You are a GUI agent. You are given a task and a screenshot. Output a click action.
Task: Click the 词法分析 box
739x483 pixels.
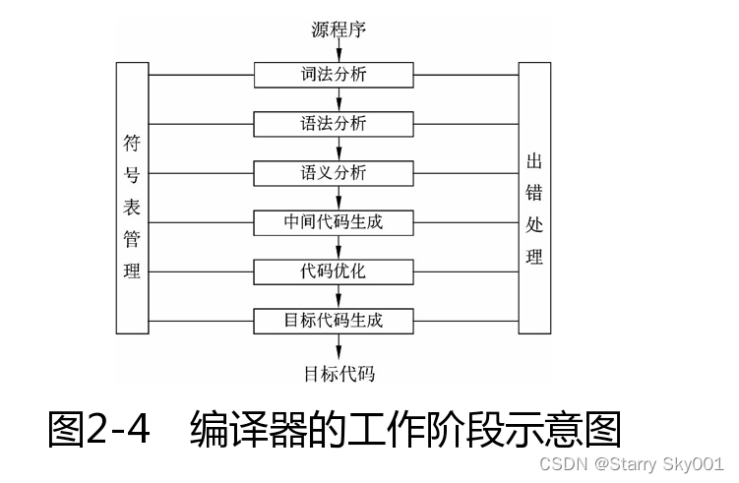pos(339,75)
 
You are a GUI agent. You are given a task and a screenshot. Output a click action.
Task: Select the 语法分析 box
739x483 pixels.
pos(339,124)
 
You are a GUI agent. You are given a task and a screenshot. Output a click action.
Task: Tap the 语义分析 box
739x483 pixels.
pos(339,173)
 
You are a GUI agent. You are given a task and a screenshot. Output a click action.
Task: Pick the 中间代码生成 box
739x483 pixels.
pos(339,222)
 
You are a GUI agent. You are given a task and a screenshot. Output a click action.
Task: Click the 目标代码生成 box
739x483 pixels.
pos(339,321)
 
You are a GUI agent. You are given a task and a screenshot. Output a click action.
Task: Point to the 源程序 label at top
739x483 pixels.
pos(339,30)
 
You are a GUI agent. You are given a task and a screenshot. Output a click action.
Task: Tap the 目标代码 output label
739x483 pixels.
pos(339,374)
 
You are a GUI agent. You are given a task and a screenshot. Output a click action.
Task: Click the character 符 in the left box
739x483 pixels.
pos(132,142)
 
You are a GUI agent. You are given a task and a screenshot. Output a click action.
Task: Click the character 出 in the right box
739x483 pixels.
pos(534,161)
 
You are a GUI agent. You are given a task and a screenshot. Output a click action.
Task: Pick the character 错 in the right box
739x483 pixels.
pos(534,193)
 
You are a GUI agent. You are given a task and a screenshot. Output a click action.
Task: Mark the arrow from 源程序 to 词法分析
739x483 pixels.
pos(339,52)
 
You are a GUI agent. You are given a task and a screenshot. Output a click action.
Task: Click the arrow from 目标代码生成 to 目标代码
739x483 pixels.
pos(339,346)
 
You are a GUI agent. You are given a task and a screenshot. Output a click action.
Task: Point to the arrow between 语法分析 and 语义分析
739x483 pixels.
pos(339,149)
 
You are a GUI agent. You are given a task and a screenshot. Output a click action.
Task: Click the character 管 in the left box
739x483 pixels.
pos(132,239)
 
